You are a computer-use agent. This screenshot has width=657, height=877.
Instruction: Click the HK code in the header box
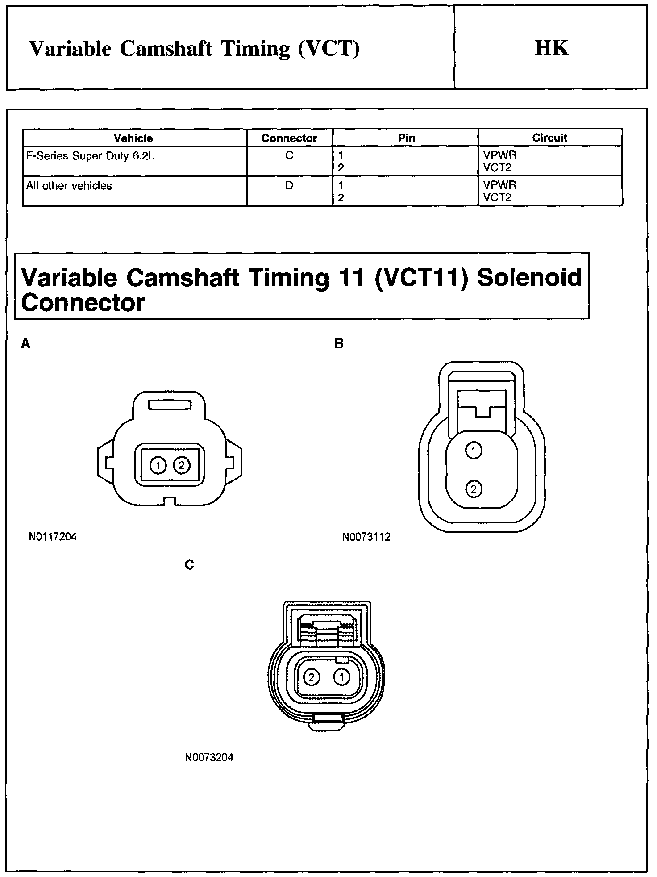click(552, 48)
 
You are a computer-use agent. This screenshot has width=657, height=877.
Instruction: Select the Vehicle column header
click(133, 138)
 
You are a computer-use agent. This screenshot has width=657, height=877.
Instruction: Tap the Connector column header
click(289, 138)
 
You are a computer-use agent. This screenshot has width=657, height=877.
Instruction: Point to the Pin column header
click(406, 138)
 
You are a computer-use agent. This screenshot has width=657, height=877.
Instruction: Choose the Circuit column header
click(549, 138)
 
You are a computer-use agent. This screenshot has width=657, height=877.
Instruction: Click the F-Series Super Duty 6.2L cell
click(90, 156)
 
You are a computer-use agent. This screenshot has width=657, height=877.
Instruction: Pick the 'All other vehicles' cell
click(69, 186)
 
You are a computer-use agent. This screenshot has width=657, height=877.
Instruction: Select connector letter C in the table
click(289, 156)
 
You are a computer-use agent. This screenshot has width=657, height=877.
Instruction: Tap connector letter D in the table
click(289, 185)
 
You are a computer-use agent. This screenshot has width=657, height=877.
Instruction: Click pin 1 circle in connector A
click(158, 466)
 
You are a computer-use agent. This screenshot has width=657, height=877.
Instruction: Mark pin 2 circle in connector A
click(181, 466)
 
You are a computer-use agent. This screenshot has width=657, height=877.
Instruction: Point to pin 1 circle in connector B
click(474, 450)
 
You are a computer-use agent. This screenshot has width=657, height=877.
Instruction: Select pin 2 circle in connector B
click(474, 489)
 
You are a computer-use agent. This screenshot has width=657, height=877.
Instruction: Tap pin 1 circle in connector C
click(341, 677)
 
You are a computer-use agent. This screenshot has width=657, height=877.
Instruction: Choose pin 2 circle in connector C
click(311, 677)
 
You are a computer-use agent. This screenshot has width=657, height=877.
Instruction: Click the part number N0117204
click(53, 536)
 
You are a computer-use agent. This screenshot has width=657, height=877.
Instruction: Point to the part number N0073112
click(366, 537)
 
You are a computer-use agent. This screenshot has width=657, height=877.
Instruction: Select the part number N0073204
click(209, 757)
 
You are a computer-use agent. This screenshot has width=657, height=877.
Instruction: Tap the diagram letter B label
click(339, 344)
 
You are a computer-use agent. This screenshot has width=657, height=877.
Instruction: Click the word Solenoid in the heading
click(529, 277)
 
